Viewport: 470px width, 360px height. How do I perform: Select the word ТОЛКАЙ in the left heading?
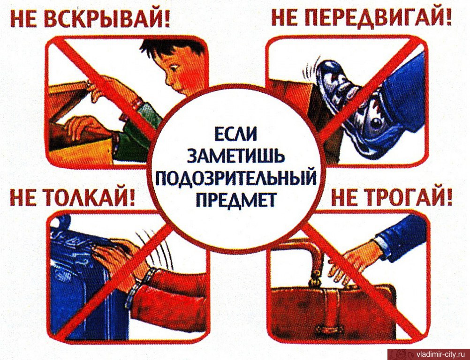87,198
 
